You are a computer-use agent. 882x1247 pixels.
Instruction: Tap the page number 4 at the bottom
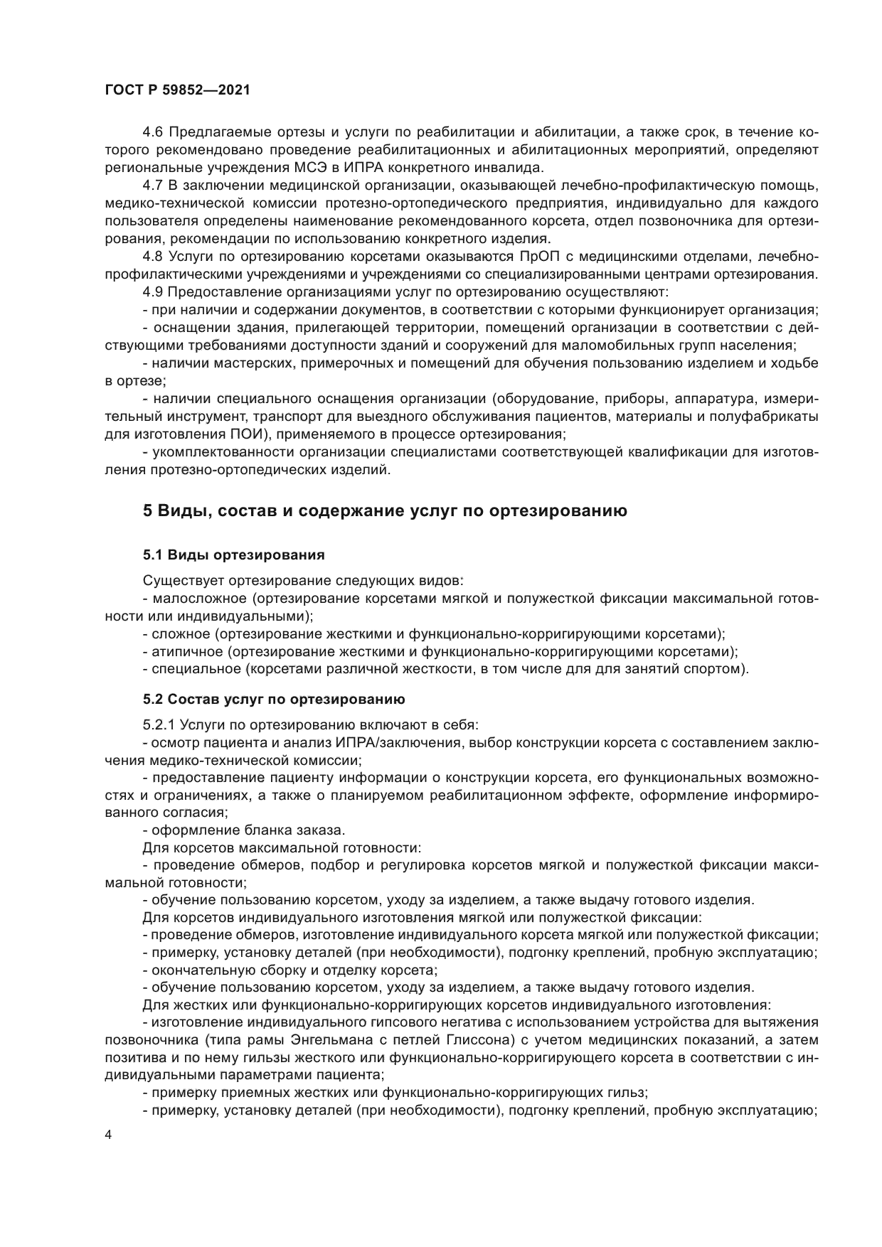click(108, 1135)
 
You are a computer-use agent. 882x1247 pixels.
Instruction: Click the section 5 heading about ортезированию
click(385, 510)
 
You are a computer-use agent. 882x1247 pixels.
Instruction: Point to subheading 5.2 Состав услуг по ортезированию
click(274, 699)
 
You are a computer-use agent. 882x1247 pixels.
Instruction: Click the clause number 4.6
click(153, 132)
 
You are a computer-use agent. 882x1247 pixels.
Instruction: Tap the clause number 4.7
click(153, 186)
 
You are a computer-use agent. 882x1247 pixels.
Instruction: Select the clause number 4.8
click(153, 256)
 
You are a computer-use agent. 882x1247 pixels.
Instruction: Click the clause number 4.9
click(153, 291)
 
